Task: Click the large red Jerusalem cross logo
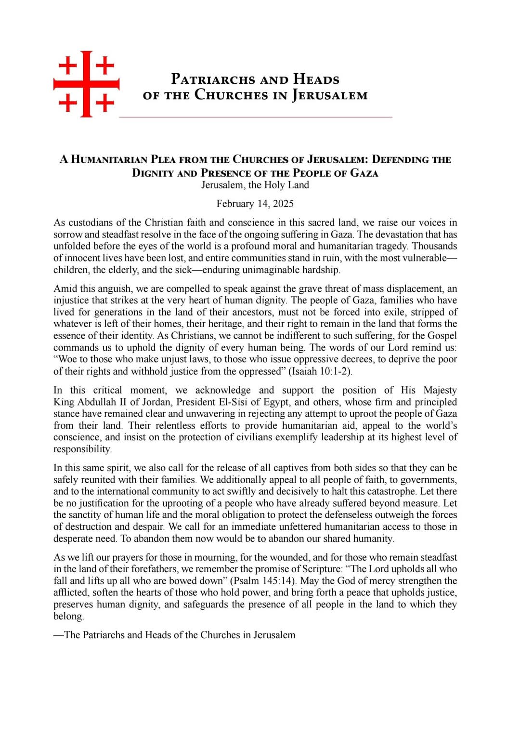click(86, 84)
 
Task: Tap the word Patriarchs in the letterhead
click(213, 79)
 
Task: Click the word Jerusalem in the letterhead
click(330, 95)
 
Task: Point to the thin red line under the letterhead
click(255, 117)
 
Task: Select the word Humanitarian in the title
click(109, 159)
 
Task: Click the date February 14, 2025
click(255, 204)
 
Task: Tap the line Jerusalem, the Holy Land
click(255, 185)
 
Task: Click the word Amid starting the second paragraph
click(65, 289)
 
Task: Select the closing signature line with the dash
click(174, 635)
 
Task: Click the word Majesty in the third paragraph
click(440, 390)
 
